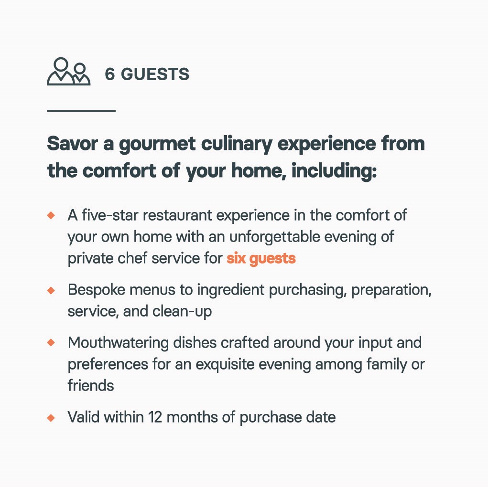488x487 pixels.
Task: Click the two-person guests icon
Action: (68, 72)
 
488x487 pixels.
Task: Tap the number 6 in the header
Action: (110, 74)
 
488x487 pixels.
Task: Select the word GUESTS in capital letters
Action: (155, 74)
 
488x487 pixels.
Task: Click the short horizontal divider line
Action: (81, 110)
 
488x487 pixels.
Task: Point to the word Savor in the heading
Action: (73, 144)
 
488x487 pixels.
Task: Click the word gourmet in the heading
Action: (157, 145)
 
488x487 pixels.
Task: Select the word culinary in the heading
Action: (237, 144)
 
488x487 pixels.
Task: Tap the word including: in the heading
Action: (334, 171)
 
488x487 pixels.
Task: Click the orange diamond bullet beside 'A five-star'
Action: (51, 215)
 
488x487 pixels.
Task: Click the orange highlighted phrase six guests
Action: (261, 259)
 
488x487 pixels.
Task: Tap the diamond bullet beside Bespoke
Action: (51, 290)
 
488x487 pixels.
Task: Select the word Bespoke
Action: (97, 290)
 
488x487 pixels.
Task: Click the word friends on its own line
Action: (91, 385)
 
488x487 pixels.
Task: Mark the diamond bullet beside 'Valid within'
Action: (51, 418)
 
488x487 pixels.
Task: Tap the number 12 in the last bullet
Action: (155, 417)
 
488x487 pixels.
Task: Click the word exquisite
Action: (225, 364)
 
